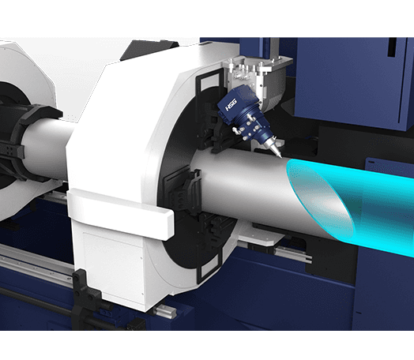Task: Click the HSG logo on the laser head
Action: point(231,105)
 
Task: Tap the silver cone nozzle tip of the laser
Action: point(276,149)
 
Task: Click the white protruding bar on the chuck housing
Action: point(120,214)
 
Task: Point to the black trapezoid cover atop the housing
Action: point(149,49)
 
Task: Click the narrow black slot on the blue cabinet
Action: point(392,47)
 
